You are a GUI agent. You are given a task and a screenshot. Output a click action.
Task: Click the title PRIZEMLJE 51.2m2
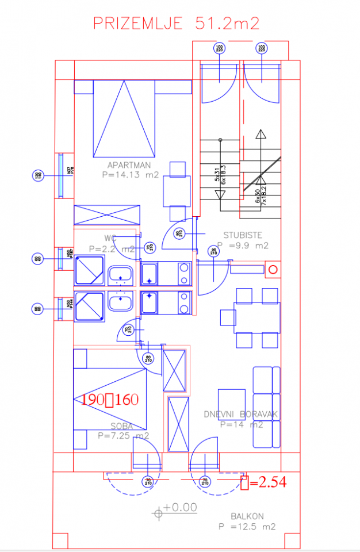tap(177, 24)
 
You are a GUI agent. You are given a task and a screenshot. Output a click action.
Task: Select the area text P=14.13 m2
tap(130, 175)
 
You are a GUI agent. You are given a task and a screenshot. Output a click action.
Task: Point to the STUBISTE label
tap(243, 235)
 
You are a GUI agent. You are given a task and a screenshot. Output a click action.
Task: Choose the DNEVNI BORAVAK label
tap(241, 414)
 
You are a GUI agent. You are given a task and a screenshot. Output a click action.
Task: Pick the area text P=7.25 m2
tap(124, 436)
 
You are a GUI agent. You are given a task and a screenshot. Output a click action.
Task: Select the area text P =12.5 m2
tap(247, 527)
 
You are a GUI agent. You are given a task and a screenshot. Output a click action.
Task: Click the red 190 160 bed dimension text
tap(110, 400)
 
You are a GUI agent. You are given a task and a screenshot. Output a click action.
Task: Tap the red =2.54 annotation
tap(263, 482)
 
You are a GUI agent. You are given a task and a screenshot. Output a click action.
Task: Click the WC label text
tap(111, 238)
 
